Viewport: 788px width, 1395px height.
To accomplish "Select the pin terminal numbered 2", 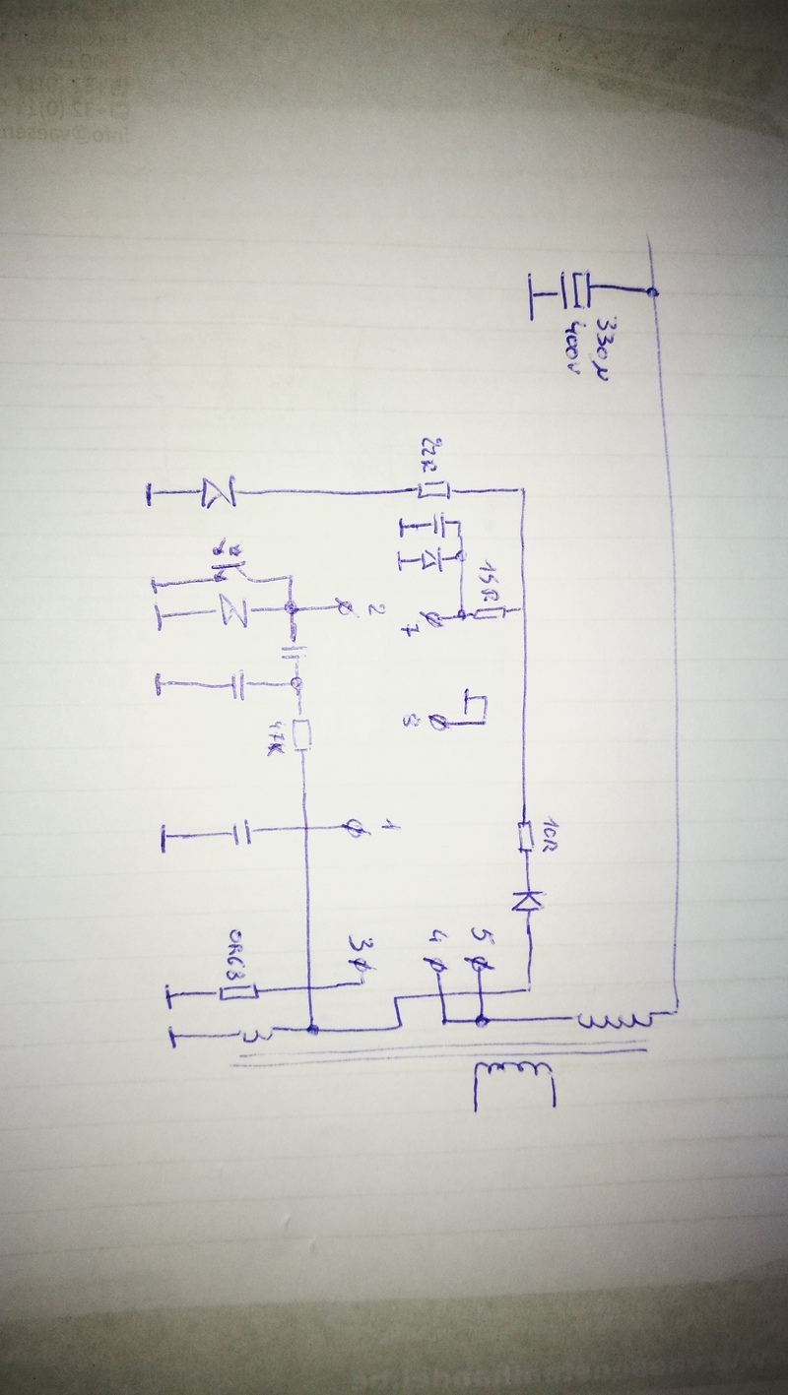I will [342, 610].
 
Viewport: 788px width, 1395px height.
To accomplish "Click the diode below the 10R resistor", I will [527, 898].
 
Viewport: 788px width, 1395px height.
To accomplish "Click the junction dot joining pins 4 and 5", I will [481, 1021].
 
